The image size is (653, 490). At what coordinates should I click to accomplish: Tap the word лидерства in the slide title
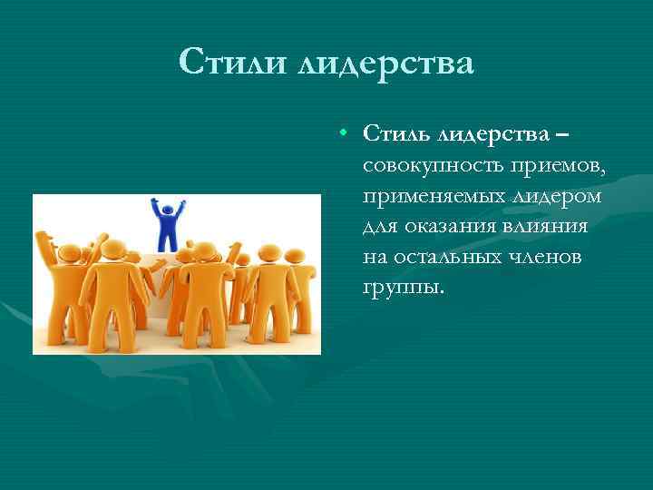tap(385, 63)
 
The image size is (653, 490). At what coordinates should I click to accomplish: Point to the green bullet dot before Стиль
tap(345, 133)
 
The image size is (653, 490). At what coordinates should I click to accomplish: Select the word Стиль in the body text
tap(396, 134)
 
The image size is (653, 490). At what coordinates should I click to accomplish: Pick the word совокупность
tap(431, 165)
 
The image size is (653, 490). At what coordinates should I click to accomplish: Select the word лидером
tap(551, 196)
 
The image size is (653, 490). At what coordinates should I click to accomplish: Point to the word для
tap(381, 227)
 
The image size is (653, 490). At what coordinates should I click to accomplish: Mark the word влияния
tap(549, 227)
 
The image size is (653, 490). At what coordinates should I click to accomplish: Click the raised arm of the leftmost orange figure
tap(43, 245)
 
